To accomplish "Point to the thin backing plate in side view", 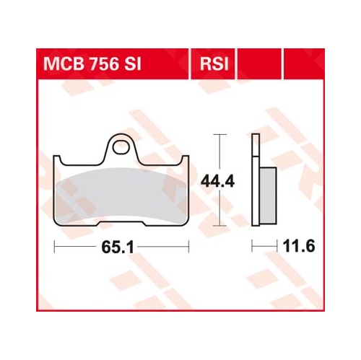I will point(254,180).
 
